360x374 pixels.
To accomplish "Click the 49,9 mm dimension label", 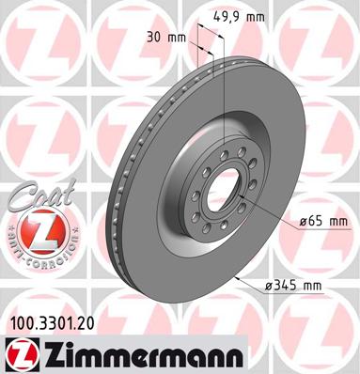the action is (239, 16).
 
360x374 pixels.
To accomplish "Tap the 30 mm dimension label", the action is (166, 38).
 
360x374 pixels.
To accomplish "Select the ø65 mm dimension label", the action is (323, 222).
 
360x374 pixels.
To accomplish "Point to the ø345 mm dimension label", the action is (293, 286).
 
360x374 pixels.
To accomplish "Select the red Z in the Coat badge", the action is (41, 232).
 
